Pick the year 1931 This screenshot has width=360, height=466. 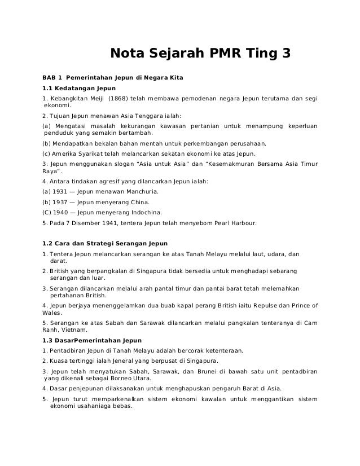tap(60, 192)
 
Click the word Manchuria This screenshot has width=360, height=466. tap(141, 192)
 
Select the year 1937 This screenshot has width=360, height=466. tap(60, 202)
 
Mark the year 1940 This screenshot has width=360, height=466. tap(61, 213)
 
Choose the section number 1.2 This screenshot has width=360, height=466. tap(49, 244)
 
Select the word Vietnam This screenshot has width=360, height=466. tap(74, 329)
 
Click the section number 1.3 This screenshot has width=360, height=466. tap(49, 340)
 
